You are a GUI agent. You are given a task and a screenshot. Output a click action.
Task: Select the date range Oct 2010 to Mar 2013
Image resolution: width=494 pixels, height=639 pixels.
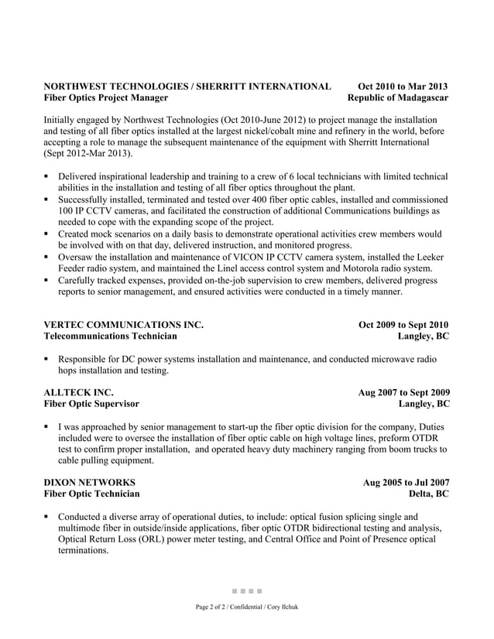(403, 86)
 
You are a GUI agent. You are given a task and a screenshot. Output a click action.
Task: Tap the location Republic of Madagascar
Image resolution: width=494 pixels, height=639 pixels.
(398, 98)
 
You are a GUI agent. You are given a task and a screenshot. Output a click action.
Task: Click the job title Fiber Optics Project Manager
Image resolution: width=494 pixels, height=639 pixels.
(105, 98)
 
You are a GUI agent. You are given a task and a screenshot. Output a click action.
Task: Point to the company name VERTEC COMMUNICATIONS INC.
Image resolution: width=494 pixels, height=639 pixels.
(123, 325)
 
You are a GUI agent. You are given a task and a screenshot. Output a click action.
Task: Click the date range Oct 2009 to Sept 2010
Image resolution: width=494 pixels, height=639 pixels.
(403, 325)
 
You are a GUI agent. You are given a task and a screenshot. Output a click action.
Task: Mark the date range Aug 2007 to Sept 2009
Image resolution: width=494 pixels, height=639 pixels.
(403, 392)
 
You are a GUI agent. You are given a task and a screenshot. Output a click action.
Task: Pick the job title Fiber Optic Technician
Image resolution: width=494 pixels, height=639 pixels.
(91, 494)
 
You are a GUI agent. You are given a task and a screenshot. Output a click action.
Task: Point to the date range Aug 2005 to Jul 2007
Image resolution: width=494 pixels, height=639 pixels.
(407, 482)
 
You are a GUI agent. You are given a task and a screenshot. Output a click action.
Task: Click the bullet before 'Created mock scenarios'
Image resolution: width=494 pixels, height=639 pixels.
(47, 234)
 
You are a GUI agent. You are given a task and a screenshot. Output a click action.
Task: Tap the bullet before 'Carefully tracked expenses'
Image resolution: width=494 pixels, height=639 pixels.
(47, 281)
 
